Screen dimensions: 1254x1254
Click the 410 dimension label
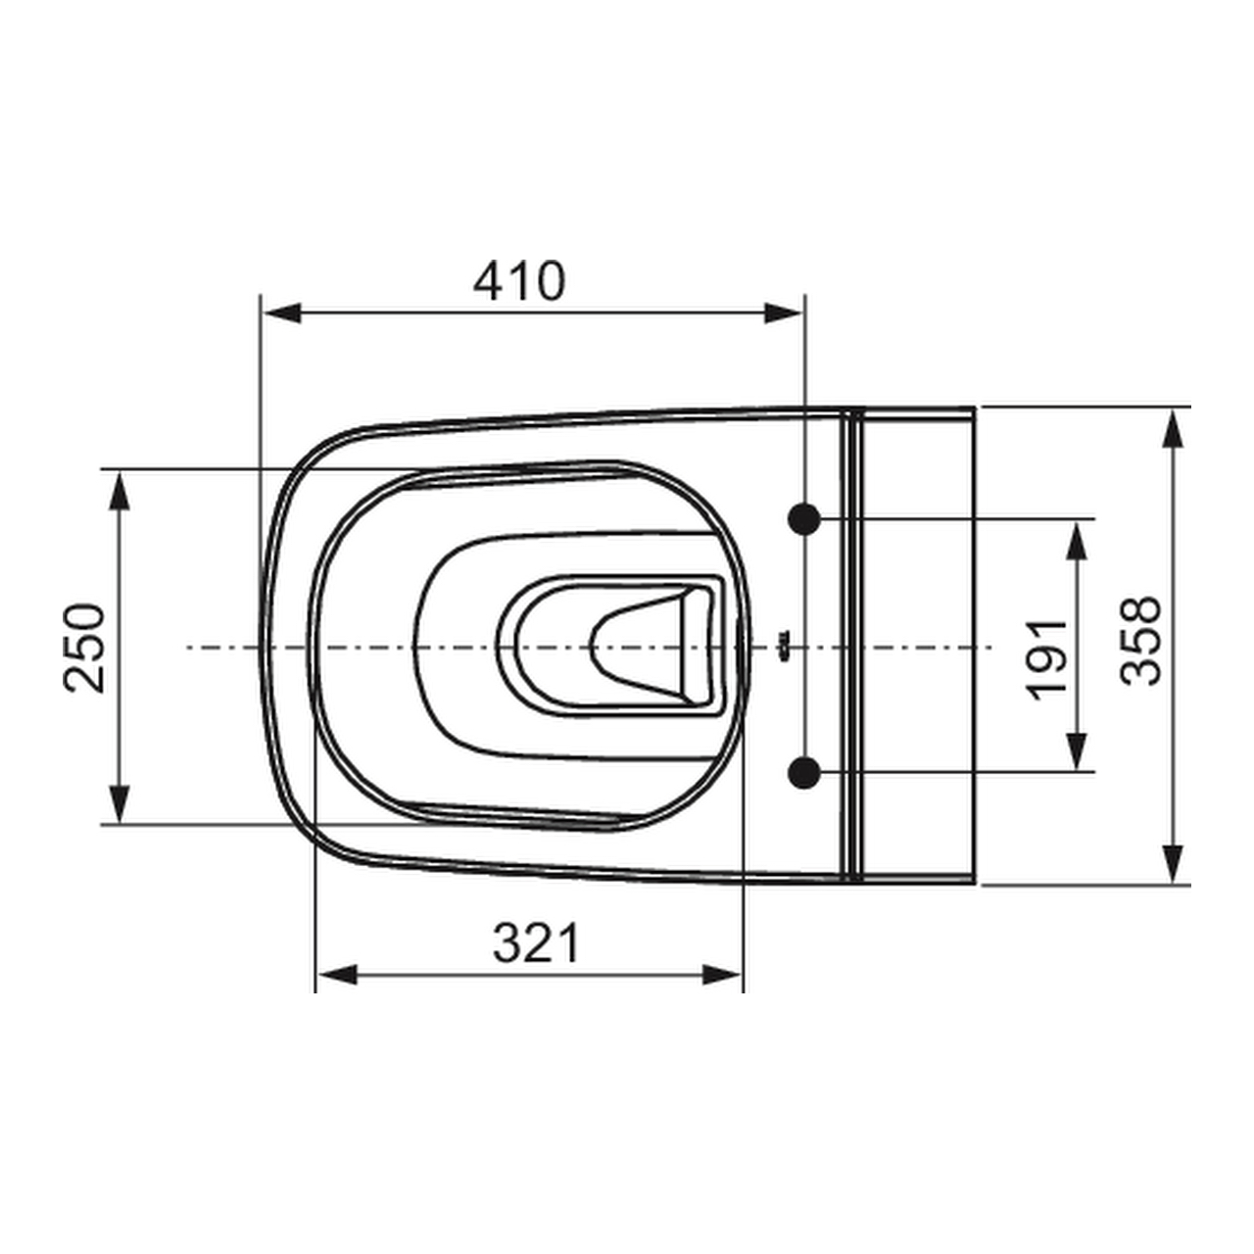click(x=518, y=281)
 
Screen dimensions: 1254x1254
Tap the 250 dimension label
click(x=84, y=649)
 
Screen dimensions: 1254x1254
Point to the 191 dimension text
click(x=1045, y=660)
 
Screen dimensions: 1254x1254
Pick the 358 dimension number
click(x=1140, y=641)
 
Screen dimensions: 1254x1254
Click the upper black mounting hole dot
click(x=804, y=518)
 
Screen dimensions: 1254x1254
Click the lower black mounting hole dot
click(x=804, y=772)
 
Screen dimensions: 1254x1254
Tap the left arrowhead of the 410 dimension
click(x=282, y=313)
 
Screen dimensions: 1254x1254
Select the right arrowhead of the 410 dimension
click(x=784, y=313)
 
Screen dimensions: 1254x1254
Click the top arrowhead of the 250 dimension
click(x=120, y=492)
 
